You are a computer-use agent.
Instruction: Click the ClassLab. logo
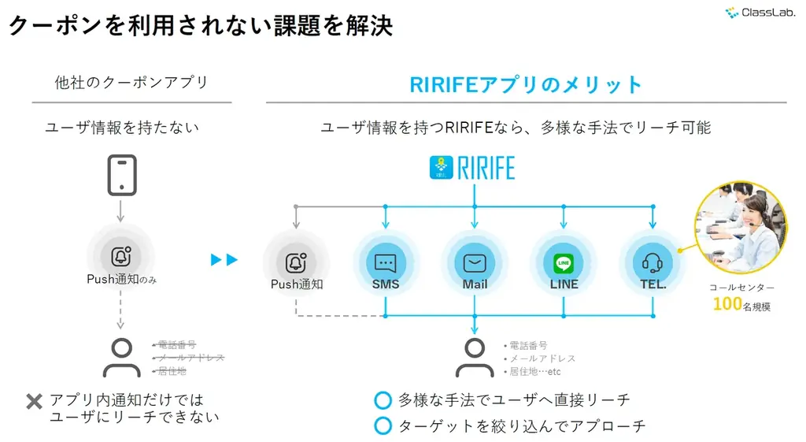(x=759, y=12)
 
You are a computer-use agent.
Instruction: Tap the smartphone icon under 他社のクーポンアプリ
(x=122, y=175)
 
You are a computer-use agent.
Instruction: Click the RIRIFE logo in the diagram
(x=474, y=169)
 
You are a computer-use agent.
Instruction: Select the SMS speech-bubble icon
(x=386, y=261)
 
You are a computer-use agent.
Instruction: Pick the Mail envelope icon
(x=475, y=261)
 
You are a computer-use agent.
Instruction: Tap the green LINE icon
(x=564, y=262)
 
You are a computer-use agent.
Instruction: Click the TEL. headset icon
(x=653, y=261)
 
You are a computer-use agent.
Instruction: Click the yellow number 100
(x=727, y=304)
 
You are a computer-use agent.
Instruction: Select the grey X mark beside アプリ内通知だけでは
(x=34, y=402)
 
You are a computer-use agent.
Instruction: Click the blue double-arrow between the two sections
(x=224, y=259)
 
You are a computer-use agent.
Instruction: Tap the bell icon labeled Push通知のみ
(x=122, y=257)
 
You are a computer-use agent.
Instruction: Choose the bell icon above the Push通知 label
(x=296, y=262)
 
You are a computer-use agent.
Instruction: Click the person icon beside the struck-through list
(x=122, y=358)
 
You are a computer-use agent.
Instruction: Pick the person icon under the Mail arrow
(x=475, y=358)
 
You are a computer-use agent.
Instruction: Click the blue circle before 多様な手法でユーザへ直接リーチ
(x=383, y=400)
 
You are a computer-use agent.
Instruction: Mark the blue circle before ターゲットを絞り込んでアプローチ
(x=383, y=426)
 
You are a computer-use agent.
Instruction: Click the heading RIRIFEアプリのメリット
(x=526, y=84)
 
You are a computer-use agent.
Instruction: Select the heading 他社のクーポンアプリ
(x=131, y=83)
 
